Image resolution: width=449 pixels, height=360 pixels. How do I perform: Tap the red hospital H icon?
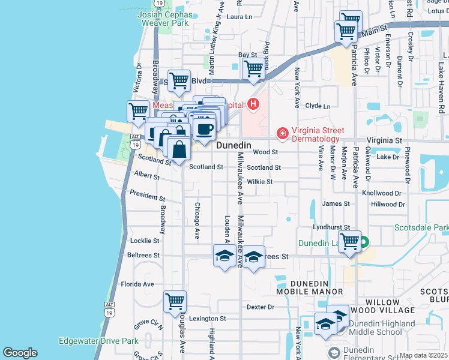253,104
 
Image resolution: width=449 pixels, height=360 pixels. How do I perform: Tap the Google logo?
20,353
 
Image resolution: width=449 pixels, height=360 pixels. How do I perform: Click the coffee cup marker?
205,128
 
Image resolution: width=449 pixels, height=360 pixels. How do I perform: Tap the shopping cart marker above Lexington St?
175,301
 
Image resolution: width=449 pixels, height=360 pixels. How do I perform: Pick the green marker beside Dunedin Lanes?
364,243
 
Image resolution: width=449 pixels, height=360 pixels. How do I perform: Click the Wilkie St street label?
260,181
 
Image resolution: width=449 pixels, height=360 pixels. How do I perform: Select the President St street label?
148,197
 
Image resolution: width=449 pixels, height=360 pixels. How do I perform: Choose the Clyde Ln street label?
318,106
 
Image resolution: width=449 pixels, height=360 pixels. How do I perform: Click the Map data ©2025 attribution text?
423,355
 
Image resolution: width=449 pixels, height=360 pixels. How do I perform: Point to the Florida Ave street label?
137,284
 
